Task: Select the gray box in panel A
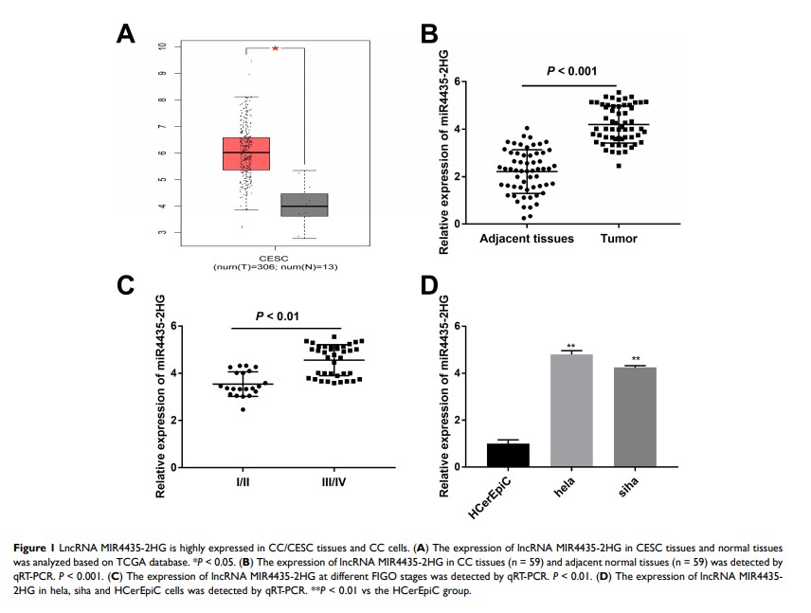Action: tap(305, 205)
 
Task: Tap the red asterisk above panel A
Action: tap(276, 48)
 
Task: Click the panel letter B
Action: tap(428, 35)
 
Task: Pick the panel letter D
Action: tap(429, 287)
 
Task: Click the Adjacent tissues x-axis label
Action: tap(527, 239)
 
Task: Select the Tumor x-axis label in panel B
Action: tap(618, 239)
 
